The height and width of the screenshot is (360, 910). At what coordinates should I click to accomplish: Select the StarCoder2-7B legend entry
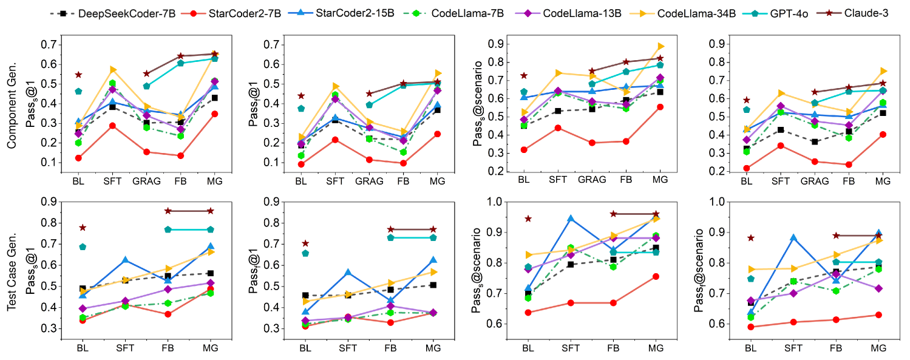203,13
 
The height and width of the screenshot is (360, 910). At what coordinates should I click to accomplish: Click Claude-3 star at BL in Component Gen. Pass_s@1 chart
78,75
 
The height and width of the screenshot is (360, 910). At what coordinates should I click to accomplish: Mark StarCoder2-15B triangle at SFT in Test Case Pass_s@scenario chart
571,219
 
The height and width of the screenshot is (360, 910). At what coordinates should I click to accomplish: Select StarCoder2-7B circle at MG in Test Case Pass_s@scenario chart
656,276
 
